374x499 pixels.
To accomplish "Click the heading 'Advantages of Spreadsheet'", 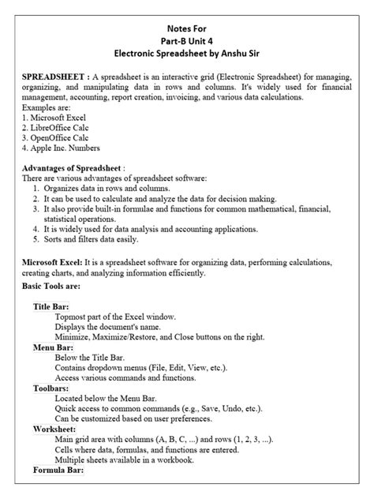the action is [71, 168].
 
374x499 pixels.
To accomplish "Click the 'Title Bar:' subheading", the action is [50, 306].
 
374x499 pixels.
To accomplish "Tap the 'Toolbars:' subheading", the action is [50, 388].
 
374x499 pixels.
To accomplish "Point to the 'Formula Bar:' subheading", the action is [58, 471].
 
